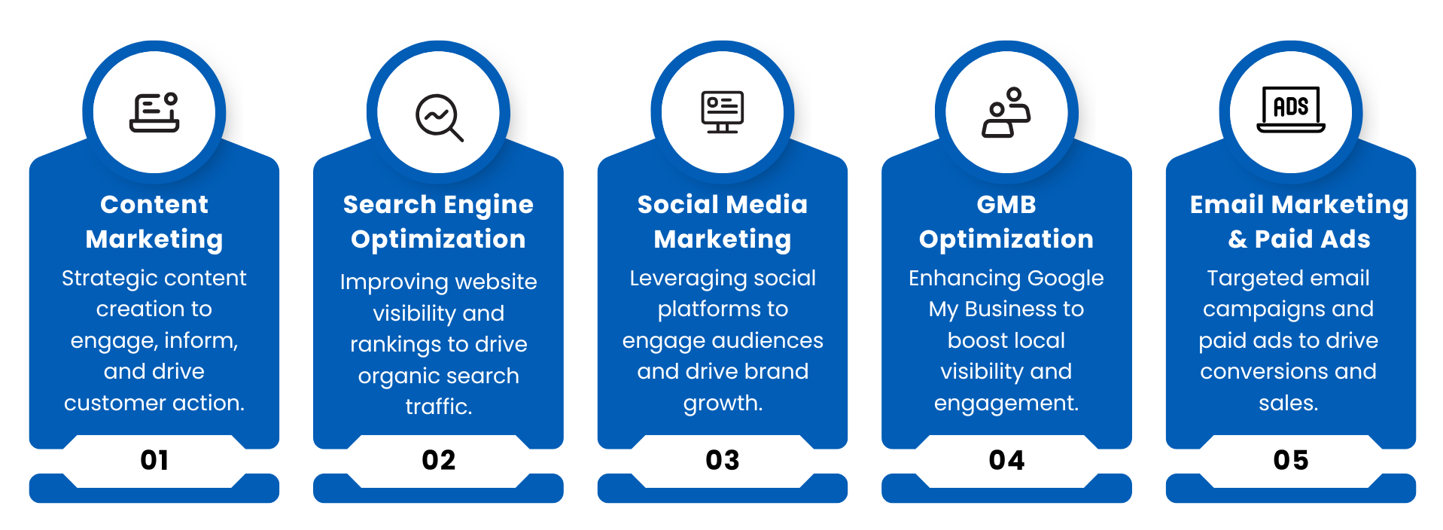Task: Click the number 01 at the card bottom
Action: click(x=154, y=460)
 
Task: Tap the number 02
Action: click(x=438, y=460)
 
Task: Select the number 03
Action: click(x=723, y=460)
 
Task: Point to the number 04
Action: click(x=1006, y=460)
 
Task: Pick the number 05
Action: click(x=1291, y=460)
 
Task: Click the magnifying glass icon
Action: click(x=440, y=117)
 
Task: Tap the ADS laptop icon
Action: click(x=1291, y=110)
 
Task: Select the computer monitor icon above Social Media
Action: click(x=723, y=112)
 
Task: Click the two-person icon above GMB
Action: click(x=1006, y=112)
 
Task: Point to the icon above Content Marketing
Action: click(x=154, y=112)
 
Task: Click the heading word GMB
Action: click(x=1006, y=205)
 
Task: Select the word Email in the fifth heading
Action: click(x=1227, y=205)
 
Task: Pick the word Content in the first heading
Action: click(x=154, y=205)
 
